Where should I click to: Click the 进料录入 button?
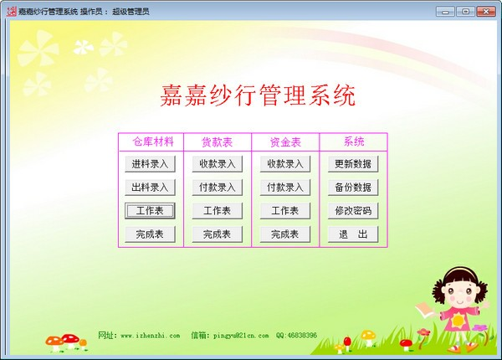[x=151, y=163]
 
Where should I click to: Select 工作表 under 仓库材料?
[x=151, y=210]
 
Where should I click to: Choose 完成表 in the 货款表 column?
[x=218, y=234]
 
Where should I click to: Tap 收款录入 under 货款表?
[x=218, y=163]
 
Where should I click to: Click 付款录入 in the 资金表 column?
[x=285, y=187]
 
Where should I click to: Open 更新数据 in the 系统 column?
[x=352, y=163]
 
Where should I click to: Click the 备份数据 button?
[x=352, y=187]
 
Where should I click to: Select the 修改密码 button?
[x=352, y=210]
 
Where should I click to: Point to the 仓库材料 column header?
[x=151, y=141]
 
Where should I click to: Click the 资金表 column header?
[x=285, y=141]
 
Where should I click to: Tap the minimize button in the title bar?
[x=448, y=11]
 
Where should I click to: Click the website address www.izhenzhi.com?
[x=151, y=336]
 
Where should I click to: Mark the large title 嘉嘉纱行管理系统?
[x=258, y=95]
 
